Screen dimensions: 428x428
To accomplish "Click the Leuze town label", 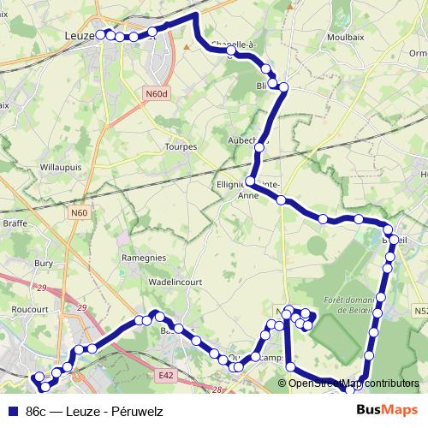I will point(80,35).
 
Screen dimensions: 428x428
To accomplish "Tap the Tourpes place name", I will point(181,146).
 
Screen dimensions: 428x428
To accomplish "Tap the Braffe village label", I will point(15,223).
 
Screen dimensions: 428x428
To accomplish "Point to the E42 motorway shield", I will point(166,374).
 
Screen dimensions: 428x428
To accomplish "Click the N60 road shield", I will point(80,212).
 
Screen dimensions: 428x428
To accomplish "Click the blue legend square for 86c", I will point(12,412).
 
